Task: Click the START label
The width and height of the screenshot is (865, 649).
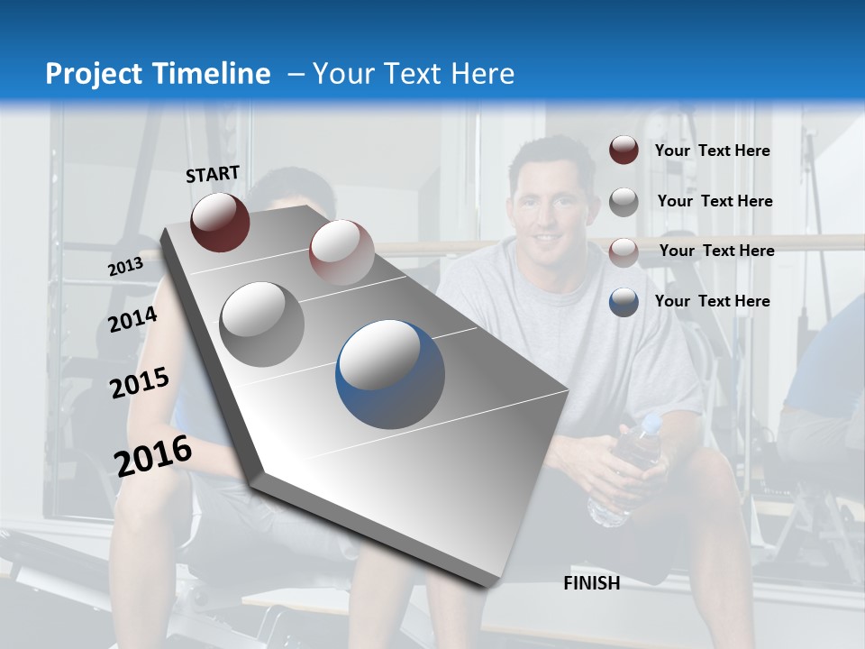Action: (x=213, y=174)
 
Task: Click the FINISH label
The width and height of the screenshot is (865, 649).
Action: (x=591, y=583)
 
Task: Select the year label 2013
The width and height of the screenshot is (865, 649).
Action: (x=126, y=267)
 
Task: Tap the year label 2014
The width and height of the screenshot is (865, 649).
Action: (x=133, y=320)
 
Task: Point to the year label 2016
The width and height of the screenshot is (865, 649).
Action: (x=153, y=456)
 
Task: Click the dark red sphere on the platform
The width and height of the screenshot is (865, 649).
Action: (x=220, y=222)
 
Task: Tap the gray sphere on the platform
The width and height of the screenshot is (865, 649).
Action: (x=262, y=324)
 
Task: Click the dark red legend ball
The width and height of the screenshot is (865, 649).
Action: (x=624, y=151)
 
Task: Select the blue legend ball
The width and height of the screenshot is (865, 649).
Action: (x=624, y=301)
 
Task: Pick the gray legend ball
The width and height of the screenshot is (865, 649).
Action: (x=624, y=202)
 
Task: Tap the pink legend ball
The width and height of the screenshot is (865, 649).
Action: (x=624, y=251)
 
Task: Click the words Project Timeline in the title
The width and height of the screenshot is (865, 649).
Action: (x=158, y=74)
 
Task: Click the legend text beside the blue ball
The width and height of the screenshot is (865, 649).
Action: (x=712, y=301)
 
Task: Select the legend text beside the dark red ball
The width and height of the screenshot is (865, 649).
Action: (x=712, y=151)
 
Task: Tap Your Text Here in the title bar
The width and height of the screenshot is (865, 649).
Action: (x=413, y=74)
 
